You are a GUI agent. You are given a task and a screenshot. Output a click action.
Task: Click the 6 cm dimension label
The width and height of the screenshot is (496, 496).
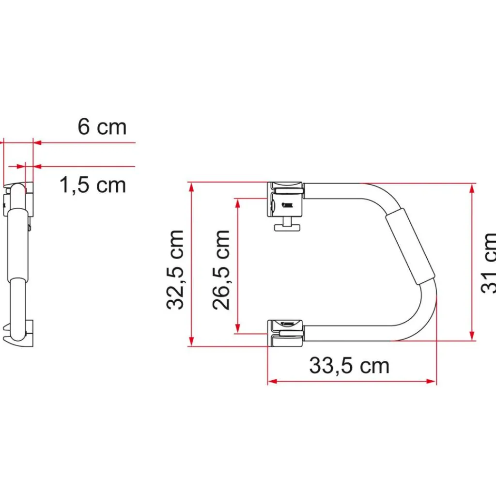102,127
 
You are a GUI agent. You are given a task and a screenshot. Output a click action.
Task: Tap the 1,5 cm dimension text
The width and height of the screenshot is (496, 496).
93,185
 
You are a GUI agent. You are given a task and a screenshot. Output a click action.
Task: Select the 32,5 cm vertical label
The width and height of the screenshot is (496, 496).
175,269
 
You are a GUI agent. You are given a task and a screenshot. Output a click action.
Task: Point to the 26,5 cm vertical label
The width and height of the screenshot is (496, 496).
221,269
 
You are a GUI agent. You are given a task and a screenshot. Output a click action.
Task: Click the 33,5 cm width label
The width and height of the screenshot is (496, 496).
349,366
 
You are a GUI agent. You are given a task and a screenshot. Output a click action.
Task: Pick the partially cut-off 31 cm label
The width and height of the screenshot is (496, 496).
488,263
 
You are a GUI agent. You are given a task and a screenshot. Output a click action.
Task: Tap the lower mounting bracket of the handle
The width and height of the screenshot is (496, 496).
286,333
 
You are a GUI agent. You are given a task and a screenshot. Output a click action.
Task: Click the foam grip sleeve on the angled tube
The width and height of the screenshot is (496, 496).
411,248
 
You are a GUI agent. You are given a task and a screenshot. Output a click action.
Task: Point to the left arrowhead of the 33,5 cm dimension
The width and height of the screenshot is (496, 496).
272,382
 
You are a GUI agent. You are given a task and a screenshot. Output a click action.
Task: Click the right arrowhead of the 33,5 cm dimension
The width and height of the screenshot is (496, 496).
432,382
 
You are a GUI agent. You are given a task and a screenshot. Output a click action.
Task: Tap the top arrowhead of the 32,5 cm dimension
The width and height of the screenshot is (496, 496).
192,187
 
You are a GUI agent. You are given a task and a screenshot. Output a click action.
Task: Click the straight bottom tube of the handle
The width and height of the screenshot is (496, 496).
349,333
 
